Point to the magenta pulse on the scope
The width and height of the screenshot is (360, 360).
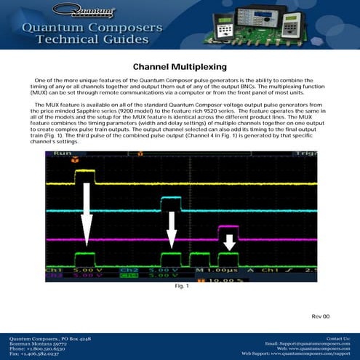coord(228,228)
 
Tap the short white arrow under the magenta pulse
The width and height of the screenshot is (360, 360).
coord(229,241)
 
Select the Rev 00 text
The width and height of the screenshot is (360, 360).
coord(321,316)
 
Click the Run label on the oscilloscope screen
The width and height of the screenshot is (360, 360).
coord(62,155)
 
